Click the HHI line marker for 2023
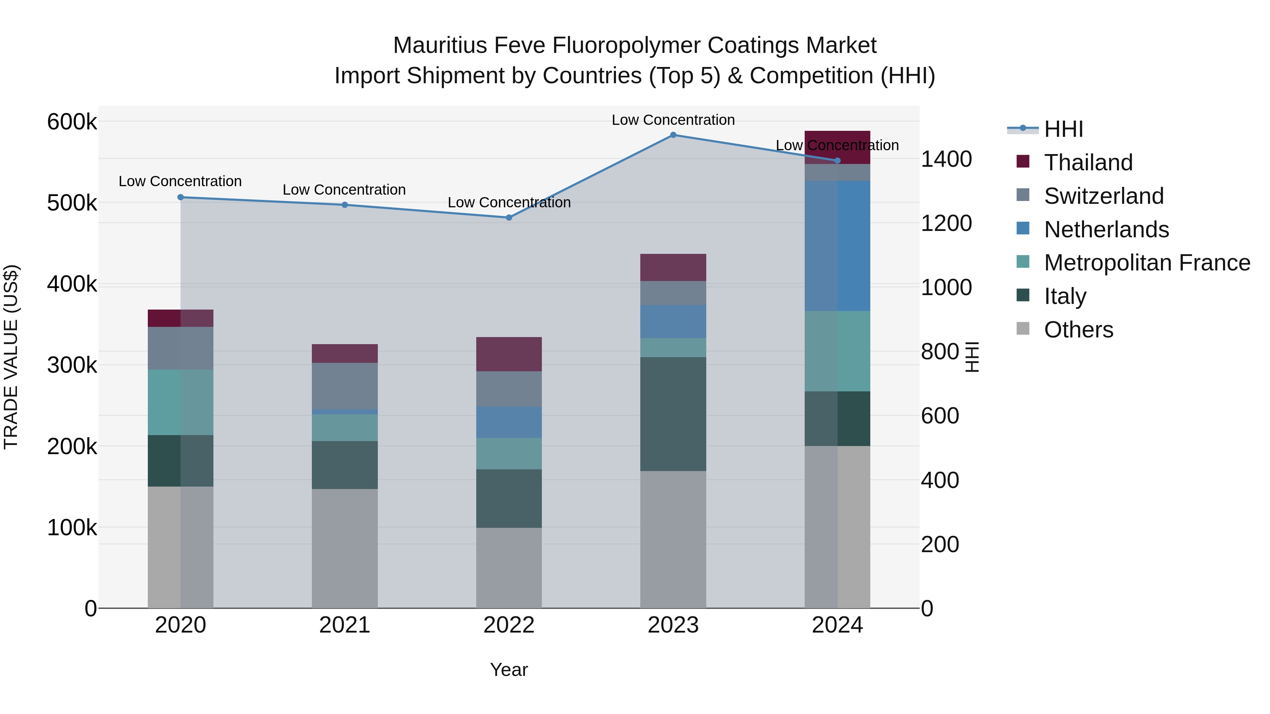673,135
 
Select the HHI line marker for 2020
180,197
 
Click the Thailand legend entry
1088,163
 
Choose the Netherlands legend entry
1106,230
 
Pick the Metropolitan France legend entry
1147,263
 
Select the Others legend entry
1078,330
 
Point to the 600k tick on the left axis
72,122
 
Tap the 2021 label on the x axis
345,625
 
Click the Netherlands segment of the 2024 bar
837,245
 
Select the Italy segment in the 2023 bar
673,414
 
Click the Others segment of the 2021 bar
345,548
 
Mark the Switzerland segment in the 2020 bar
180,348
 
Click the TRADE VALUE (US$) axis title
11,357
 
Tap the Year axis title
509,670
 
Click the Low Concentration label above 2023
673,120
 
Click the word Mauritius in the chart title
440,45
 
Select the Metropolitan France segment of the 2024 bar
837,351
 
